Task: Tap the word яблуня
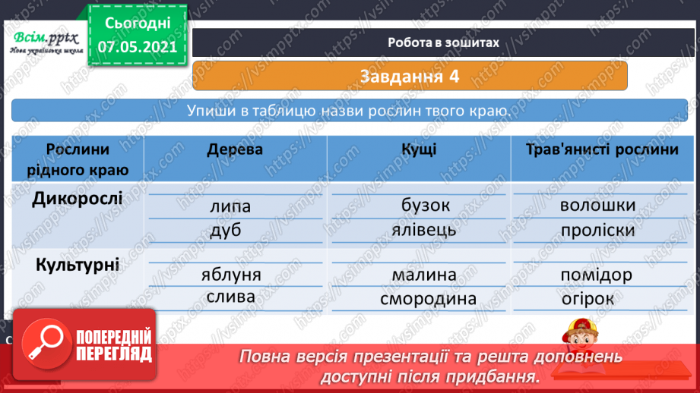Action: [x=232, y=275]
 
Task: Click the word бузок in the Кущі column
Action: [x=426, y=206]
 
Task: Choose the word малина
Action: [x=425, y=275]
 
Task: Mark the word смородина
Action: [x=429, y=298]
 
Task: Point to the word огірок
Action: [x=588, y=298]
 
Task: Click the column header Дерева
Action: [x=235, y=149]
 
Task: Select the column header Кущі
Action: [x=419, y=149]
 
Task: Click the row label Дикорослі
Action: [x=78, y=200]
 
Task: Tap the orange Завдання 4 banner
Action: [x=410, y=76]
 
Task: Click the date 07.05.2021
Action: [x=137, y=46]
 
